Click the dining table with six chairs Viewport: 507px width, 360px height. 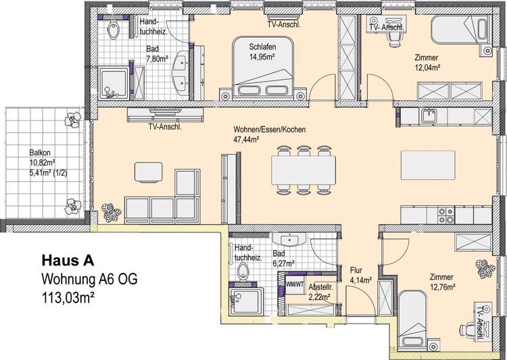pos(303,169)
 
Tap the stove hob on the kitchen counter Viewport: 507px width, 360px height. pos(445,215)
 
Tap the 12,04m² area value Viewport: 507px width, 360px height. pos(427,68)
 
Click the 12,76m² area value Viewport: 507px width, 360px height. pos(440,286)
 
